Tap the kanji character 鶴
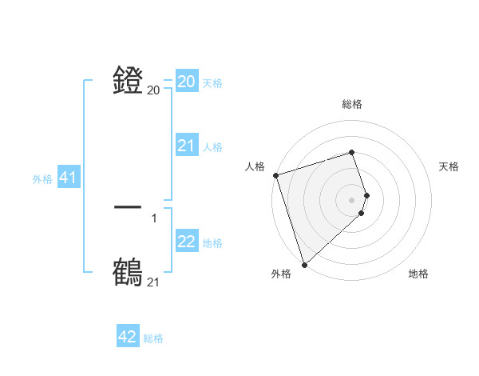129,271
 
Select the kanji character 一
129,208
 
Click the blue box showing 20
187,82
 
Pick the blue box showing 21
187,146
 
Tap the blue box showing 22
187,242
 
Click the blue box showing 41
68,178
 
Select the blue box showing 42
128,337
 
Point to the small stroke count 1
153,218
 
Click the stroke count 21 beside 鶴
153,282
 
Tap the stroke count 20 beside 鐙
153,90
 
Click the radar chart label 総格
351,104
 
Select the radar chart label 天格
449,166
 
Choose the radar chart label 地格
418,274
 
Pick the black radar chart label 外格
281,274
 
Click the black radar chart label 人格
255,166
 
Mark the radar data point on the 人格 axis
275,175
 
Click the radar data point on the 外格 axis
304,264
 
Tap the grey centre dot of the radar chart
351,200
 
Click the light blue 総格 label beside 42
153,338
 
